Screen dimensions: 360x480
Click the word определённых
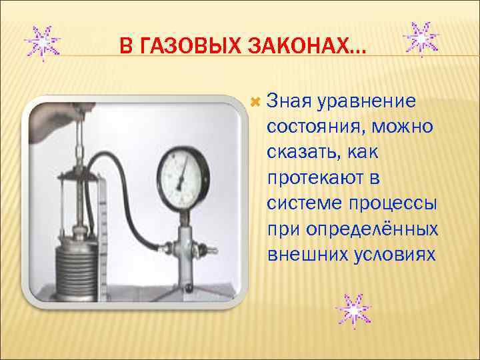(x=371, y=229)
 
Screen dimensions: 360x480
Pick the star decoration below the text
(x=352, y=311)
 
